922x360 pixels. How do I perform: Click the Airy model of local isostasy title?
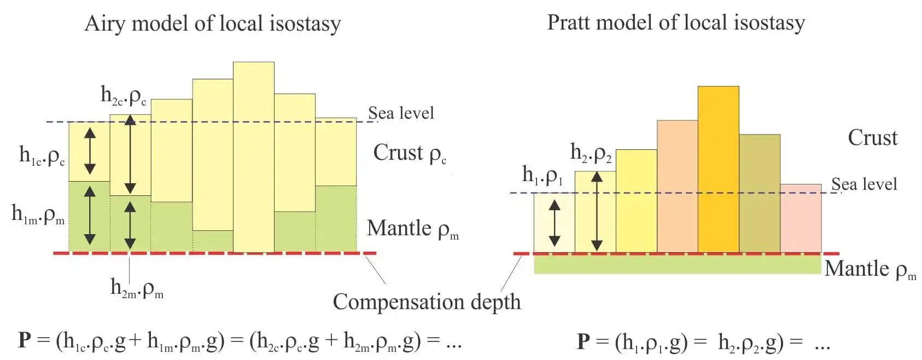point(212,24)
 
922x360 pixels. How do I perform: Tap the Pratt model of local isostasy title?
point(676,23)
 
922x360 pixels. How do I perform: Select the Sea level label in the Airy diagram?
point(401,113)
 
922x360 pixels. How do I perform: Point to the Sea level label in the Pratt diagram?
point(864,184)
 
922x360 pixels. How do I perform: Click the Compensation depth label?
point(427,303)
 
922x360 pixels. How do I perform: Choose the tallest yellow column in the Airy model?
point(254,157)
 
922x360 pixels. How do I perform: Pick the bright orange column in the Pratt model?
point(718,169)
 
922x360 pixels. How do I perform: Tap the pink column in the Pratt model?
point(801,218)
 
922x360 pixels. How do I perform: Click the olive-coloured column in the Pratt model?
point(760,194)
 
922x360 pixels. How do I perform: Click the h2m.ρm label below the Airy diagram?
point(137,288)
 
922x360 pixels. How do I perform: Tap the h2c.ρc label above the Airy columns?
point(124,96)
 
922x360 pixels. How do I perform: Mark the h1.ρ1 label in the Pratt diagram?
point(542,175)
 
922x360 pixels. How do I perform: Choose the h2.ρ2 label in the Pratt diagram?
point(591,153)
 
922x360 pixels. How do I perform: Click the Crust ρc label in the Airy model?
point(410,154)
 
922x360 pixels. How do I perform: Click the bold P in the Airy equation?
point(25,341)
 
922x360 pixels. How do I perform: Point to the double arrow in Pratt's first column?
point(555,223)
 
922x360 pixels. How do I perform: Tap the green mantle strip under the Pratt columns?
point(678,264)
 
